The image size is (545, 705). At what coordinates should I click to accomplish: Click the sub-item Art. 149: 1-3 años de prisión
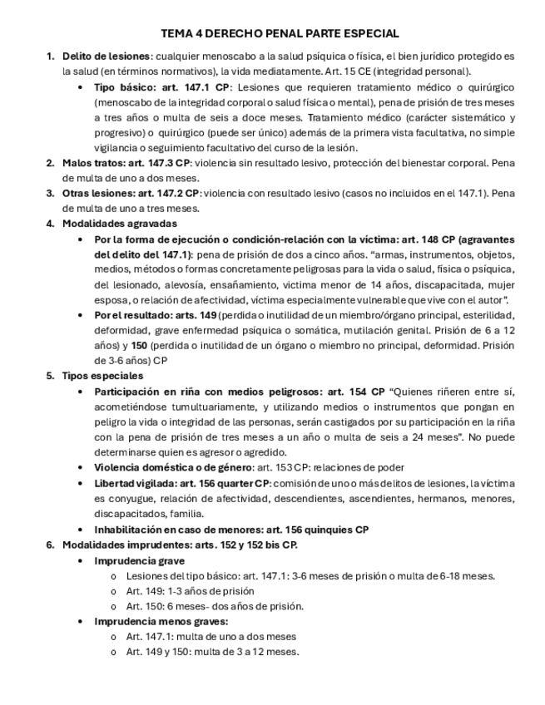(x=190, y=591)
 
